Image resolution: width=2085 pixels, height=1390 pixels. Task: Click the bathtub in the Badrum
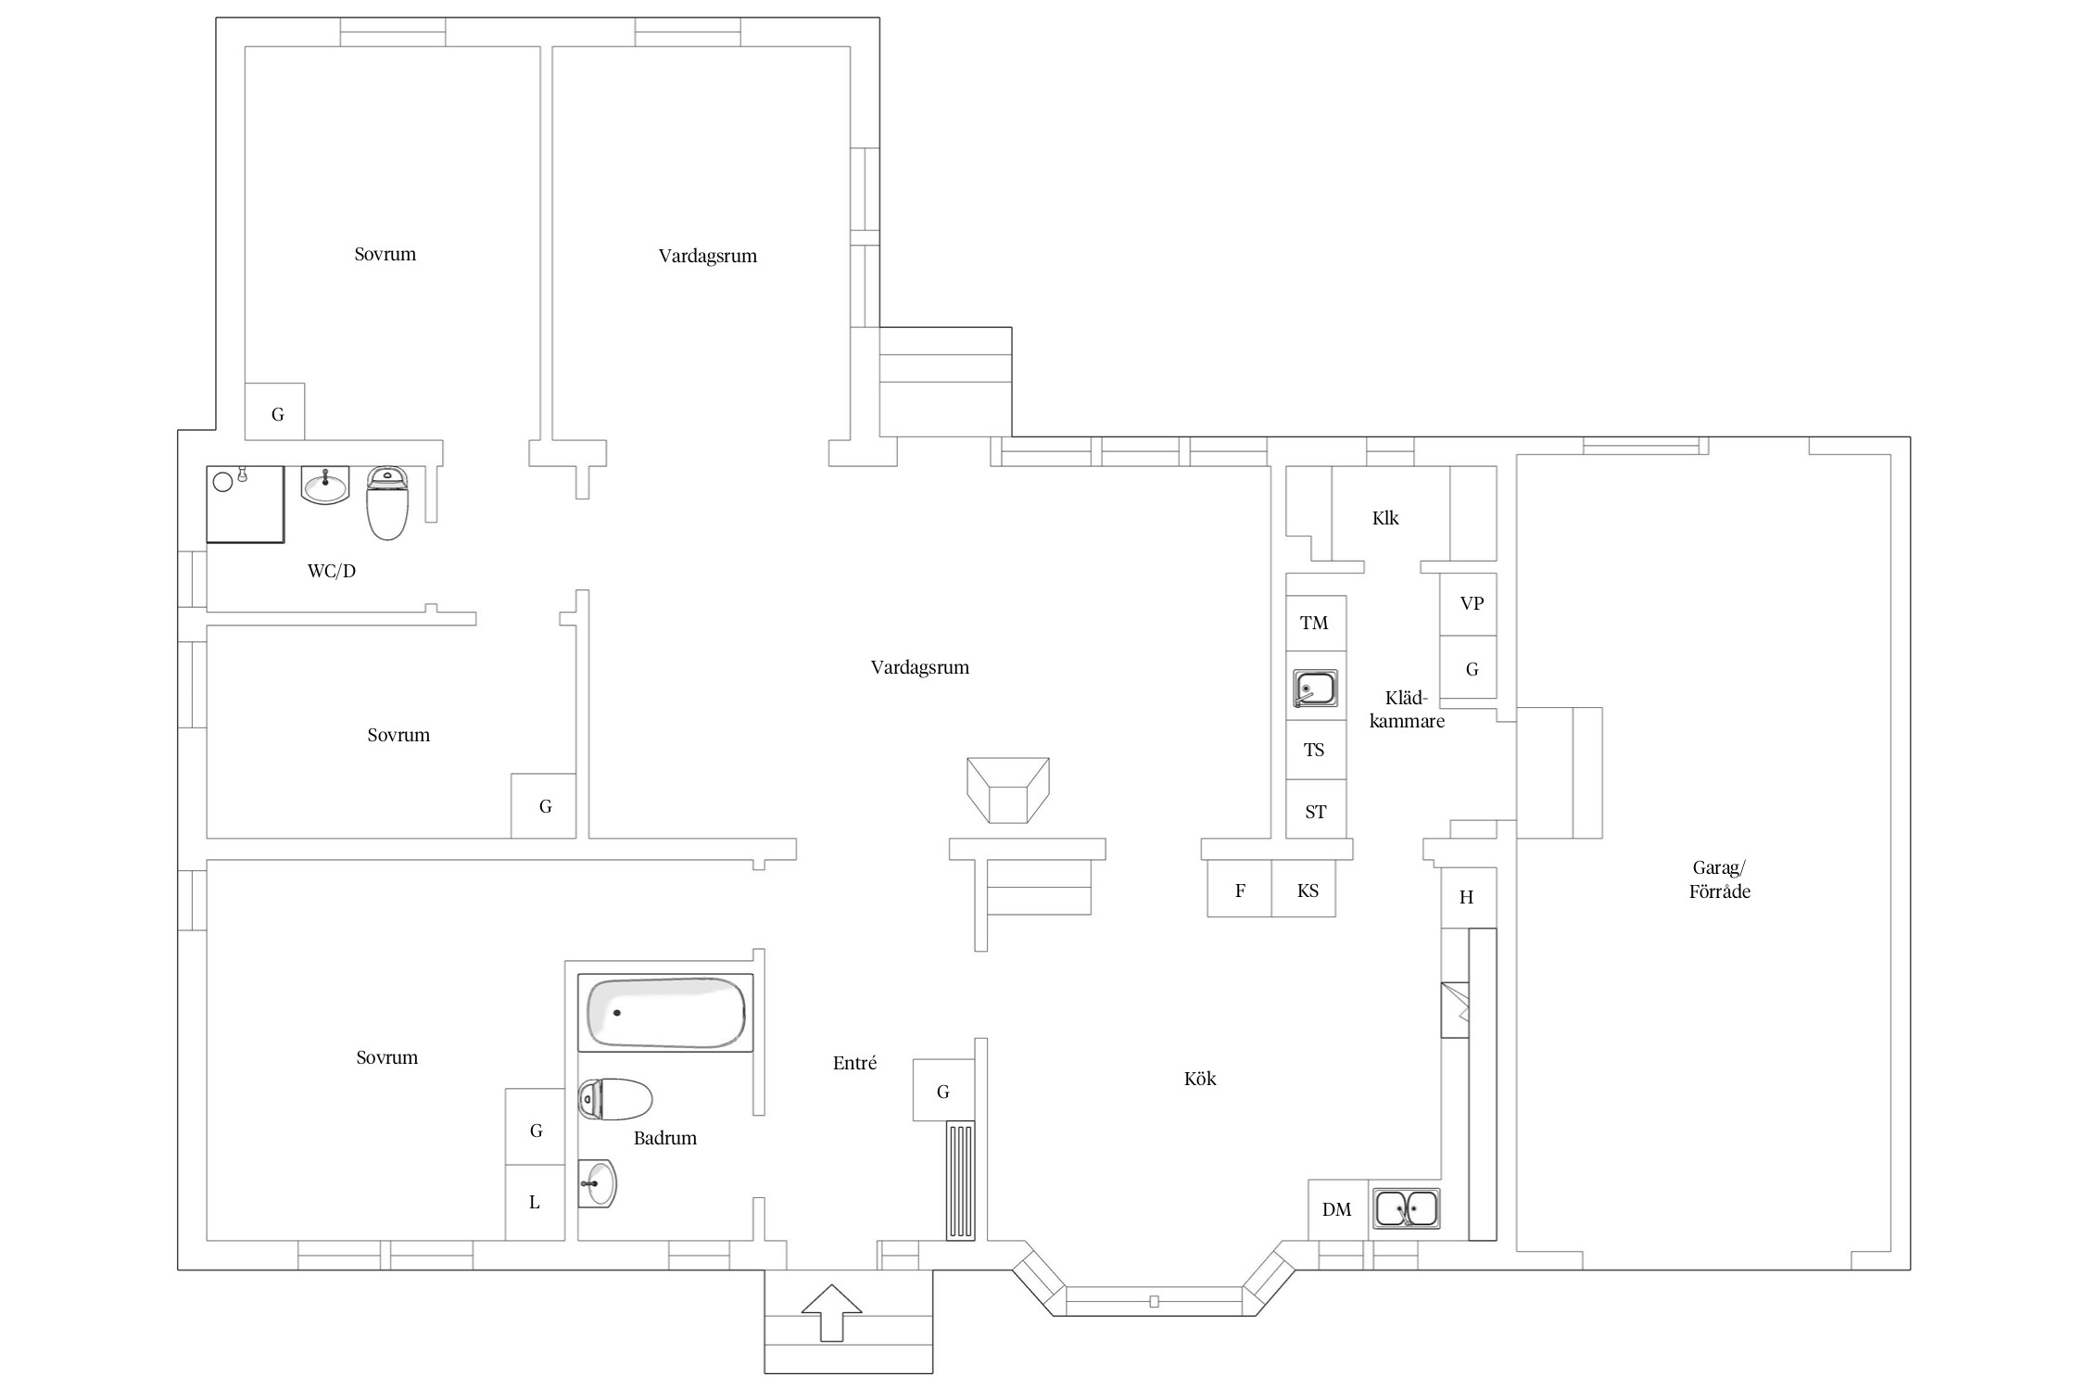click(665, 1013)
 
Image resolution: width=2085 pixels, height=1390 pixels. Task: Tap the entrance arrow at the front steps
click(831, 1312)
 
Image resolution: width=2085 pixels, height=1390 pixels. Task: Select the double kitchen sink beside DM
click(1407, 1208)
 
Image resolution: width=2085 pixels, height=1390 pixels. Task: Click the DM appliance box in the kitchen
click(1338, 1209)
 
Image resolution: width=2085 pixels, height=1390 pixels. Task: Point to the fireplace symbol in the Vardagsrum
click(1008, 790)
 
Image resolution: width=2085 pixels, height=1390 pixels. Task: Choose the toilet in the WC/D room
click(387, 502)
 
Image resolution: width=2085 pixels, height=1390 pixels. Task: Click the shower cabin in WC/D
click(245, 504)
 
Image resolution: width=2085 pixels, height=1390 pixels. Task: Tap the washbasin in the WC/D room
click(325, 485)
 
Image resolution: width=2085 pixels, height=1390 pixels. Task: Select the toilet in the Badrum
click(615, 1099)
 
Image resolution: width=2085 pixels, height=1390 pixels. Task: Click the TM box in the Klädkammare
click(1316, 623)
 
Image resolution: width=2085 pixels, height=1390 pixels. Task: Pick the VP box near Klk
click(1469, 604)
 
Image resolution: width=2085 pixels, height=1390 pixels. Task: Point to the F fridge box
click(1240, 890)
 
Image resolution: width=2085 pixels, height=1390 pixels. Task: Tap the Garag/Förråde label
click(1719, 879)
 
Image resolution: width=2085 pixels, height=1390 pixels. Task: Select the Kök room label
click(1200, 1079)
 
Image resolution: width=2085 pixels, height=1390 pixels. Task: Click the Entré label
click(854, 1063)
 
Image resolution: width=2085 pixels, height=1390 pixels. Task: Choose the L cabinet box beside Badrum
click(535, 1203)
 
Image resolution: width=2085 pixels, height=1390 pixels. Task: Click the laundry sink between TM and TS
click(1316, 689)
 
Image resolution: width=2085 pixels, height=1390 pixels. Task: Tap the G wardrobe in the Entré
click(944, 1091)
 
